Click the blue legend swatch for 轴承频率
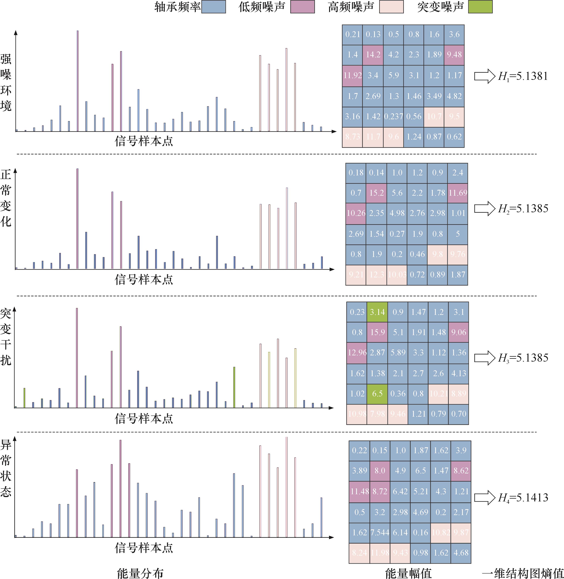214,7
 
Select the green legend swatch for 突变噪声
480,7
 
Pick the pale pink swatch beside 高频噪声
391,7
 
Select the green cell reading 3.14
377,312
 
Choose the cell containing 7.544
380,532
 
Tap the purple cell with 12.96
357,353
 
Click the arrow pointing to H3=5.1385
484,358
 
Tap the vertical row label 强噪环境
6,82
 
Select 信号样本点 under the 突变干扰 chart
144,418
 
